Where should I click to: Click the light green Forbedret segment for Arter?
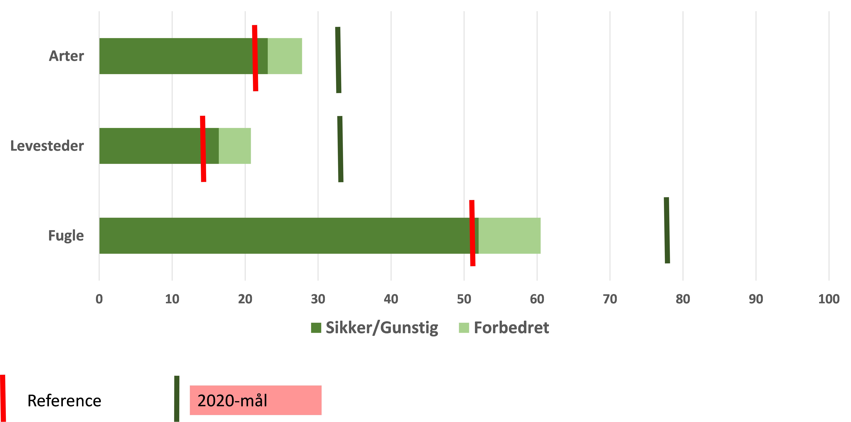(285, 56)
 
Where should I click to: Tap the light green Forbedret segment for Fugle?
(509, 236)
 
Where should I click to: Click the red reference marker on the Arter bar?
(255, 58)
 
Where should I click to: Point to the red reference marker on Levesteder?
(203, 149)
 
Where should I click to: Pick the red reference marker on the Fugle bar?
(472, 233)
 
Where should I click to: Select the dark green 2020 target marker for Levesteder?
(340, 149)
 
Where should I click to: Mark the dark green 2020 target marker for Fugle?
(667, 230)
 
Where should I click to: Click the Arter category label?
(66, 56)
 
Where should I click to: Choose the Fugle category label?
(66, 236)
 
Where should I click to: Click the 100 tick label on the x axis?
(829, 299)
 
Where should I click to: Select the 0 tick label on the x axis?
(99, 299)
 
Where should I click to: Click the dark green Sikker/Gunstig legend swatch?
(316, 328)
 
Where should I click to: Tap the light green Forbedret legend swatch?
(464, 328)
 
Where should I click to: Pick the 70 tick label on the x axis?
(610, 299)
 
